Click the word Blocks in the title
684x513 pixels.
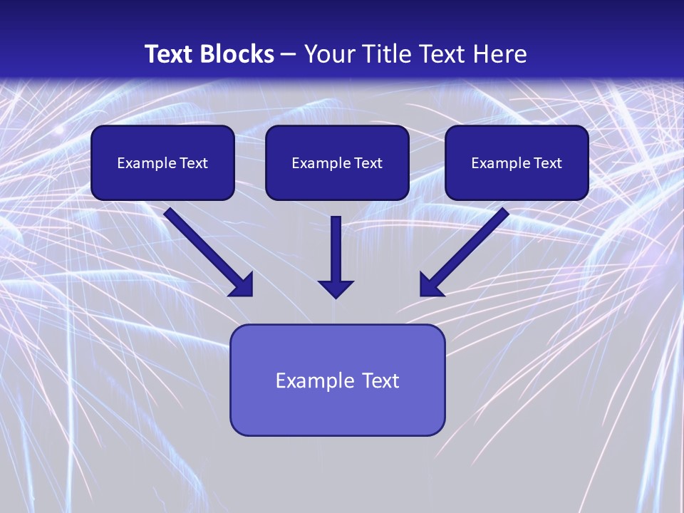(x=237, y=53)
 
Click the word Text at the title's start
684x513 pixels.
(x=169, y=53)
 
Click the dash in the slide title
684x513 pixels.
(x=289, y=55)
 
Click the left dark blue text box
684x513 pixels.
(x=162, y=162)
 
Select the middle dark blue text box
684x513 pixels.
(x=337, y=162)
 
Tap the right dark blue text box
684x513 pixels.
(x=517, y=162)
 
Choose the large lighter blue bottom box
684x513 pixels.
(x=338, y=380)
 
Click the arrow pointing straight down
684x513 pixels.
(x=336, y=257)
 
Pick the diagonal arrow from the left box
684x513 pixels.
(x=209, y=252)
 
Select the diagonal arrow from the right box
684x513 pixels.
(x=464, y=252)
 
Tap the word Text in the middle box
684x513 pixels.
(x=368, y=162)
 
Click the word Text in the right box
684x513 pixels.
(x=548, y=162)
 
